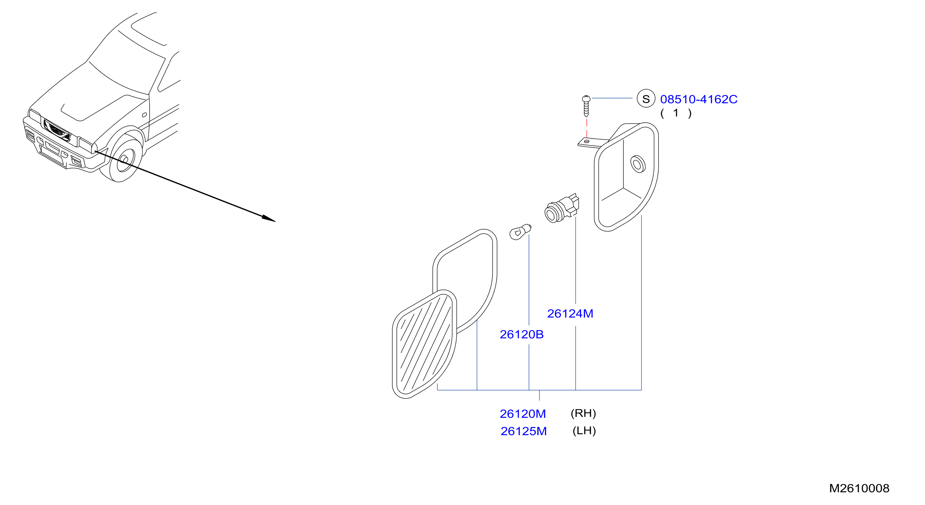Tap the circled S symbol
646,98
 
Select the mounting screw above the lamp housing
586,106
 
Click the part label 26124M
570,313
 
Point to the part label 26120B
521,334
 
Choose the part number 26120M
523,414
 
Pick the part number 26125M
524,431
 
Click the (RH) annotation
583,413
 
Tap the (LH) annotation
584,430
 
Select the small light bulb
520,231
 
